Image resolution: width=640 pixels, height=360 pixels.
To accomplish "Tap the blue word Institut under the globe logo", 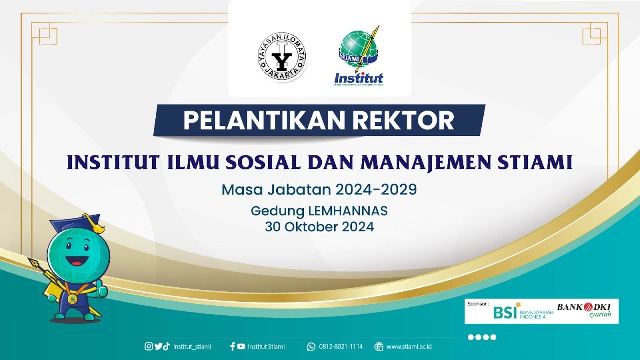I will coord(358,78).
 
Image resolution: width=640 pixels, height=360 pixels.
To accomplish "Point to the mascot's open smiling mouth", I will coord(77,260).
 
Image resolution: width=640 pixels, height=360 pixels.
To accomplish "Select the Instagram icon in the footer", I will coord(149,346).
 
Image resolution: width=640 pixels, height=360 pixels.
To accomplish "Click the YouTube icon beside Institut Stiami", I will coord(241,346).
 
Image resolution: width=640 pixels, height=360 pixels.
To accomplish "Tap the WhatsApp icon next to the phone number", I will coord(311,346).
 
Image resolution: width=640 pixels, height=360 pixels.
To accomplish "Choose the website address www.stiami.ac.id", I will coord(409,346).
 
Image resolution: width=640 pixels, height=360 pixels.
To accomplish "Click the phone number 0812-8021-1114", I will coord(341,346).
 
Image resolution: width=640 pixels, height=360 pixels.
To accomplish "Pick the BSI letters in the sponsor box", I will coord(505,312).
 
